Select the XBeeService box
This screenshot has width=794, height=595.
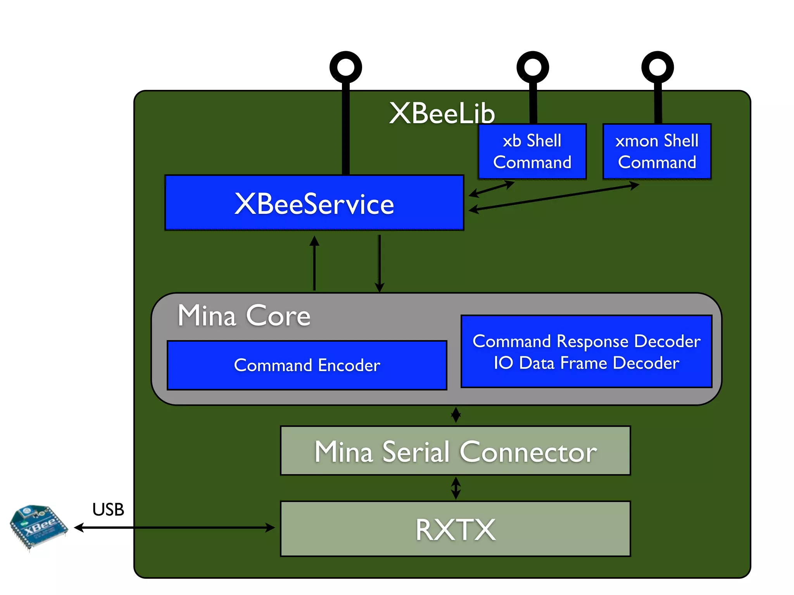[x=314, y=203]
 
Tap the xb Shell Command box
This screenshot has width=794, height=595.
[x=532, y=151]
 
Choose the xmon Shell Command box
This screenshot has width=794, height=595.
[x=657, y=151]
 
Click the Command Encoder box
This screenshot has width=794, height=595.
[x=307, y=365]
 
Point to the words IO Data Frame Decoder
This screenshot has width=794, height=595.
[x=586, y=363]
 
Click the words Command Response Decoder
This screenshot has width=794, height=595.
[x=586, y=341]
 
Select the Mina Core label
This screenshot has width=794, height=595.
[x=244, y=316]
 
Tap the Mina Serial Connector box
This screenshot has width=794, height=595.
[x=455, y=451]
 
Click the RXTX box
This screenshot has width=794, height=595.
[x=455, y=529]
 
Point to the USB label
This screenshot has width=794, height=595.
[x=108, y=509]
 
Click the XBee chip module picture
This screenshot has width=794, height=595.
[x=38, y=527]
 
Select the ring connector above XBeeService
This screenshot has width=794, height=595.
[x=345, y=67]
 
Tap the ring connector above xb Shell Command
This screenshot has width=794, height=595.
[x=533, y=67]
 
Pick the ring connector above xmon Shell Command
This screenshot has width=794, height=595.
[x=658, y=67]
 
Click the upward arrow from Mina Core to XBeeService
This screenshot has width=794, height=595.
[x=314, y=263]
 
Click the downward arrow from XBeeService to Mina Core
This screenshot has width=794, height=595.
[x=380, y=263]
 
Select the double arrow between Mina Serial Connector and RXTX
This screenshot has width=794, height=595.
[x=456, y=488]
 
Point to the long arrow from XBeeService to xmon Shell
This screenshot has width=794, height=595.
[x=554, y=198]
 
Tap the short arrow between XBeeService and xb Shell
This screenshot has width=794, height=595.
[x=491, y=189]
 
